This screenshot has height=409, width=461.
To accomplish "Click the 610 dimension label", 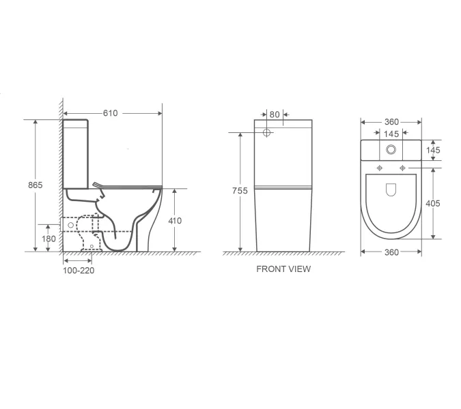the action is pyautogui.click(x=110, y=113).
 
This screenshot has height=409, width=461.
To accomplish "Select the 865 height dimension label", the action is pyautogui.click(x=36, y=185).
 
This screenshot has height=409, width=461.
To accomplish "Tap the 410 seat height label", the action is pyautogui.click(x=175, y=221).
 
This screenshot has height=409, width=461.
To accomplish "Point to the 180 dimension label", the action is pyautogui.click(x=48, y=239).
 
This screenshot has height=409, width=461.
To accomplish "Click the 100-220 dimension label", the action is pyautogui.click(x=79, y=271).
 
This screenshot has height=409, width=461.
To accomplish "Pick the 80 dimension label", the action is pyautogui.click(x=275, y=115).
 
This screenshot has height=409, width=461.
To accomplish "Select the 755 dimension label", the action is pyautogui.click(x=240, y=191).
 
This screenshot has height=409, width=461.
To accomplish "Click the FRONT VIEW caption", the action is pyautogui.click(x=283, y=269).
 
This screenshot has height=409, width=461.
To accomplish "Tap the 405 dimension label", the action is pyautogui.click(x=433, y=203).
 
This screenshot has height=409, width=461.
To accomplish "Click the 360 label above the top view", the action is pyautogui.click(x=391, y=122).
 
